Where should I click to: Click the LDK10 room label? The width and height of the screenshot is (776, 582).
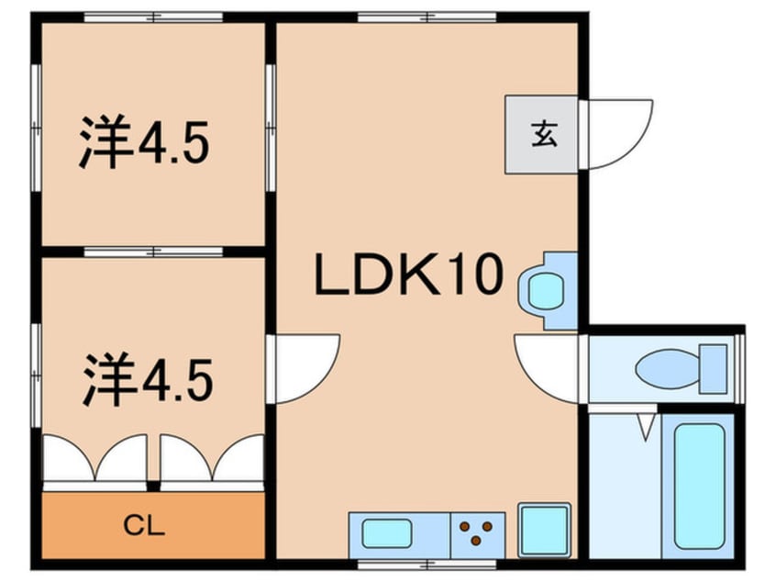tap(409, 274)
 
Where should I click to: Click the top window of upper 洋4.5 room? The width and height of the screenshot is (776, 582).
tap(153, 17)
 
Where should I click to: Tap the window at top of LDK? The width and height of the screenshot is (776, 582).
tap(427, 17)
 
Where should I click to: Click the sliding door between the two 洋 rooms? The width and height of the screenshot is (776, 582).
tap(153, 252)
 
